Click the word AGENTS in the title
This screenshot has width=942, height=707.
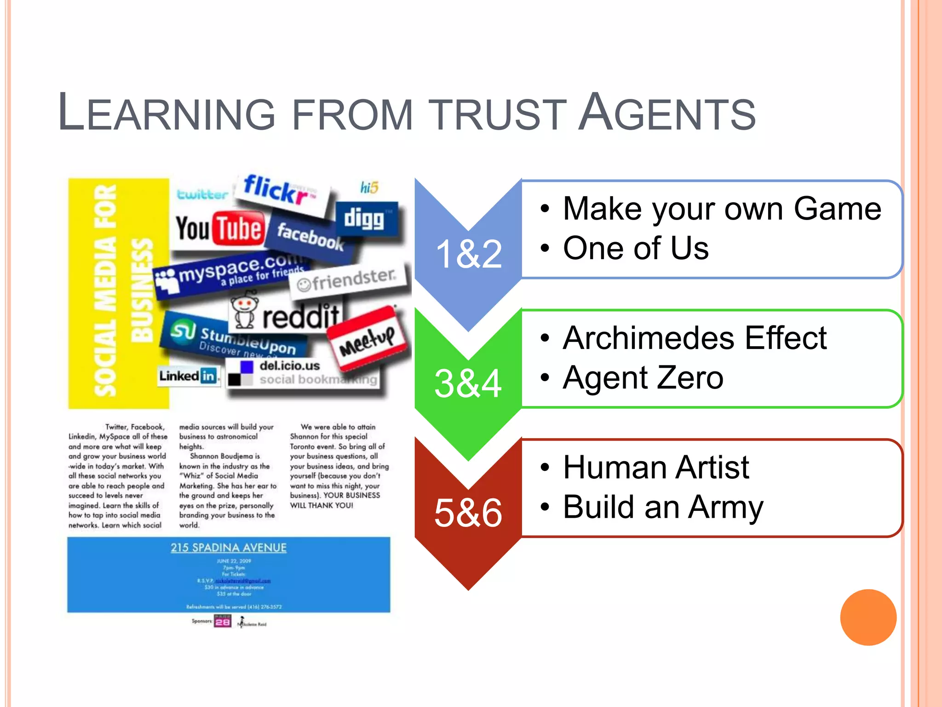click(x=667, y=113)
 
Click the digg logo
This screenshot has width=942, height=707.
click(x=366, y=219)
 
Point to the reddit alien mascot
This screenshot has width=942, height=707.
click(x=244, y=312)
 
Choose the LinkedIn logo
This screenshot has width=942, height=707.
click(x=188, y=376)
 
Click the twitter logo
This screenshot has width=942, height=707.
click(x=202, y=194)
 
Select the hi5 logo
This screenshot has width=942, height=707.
click(x=369, y=188)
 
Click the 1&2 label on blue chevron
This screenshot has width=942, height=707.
click(x=468, y=254)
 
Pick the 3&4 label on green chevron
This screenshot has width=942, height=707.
click(x=468, y=383)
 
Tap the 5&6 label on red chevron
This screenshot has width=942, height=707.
click(x=468, y=513)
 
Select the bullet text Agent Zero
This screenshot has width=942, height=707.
click(x=643, y=378)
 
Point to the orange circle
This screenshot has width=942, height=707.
click(x=868, y=617)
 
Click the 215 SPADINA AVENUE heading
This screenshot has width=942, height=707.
click(x=229, y=548)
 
